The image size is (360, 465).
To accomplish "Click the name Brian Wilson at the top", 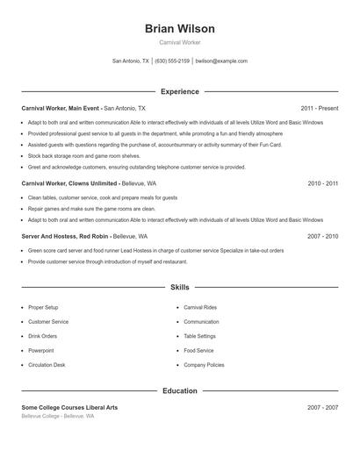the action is (x=179, y=29).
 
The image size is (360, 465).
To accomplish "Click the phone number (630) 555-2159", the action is (x=172, y=61).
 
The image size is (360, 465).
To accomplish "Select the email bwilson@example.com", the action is (x=221, y=61).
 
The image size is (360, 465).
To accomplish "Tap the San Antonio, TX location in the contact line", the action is (x=131, y=61).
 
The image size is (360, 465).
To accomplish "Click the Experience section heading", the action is (x=179, y=91).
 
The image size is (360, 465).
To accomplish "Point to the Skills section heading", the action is (x=179, y=287).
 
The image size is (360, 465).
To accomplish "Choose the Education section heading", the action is (x=179, y=390).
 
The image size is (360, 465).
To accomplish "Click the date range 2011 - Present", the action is (x=319, y=108).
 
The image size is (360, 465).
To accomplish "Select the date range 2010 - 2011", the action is (x=322, y=183).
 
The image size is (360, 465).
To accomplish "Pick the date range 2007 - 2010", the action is (x=322, y=236).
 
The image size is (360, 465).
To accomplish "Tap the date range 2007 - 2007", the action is (x=322, y=408).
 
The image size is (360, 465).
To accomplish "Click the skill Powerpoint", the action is (x=42, y=350).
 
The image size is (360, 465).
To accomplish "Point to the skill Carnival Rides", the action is (x=200, y=308).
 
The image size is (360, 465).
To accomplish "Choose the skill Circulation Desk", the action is (x=47, y=364).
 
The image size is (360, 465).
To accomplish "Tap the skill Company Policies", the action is (x=204, y=364).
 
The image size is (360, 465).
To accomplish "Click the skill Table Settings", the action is (x=199, y=336).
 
